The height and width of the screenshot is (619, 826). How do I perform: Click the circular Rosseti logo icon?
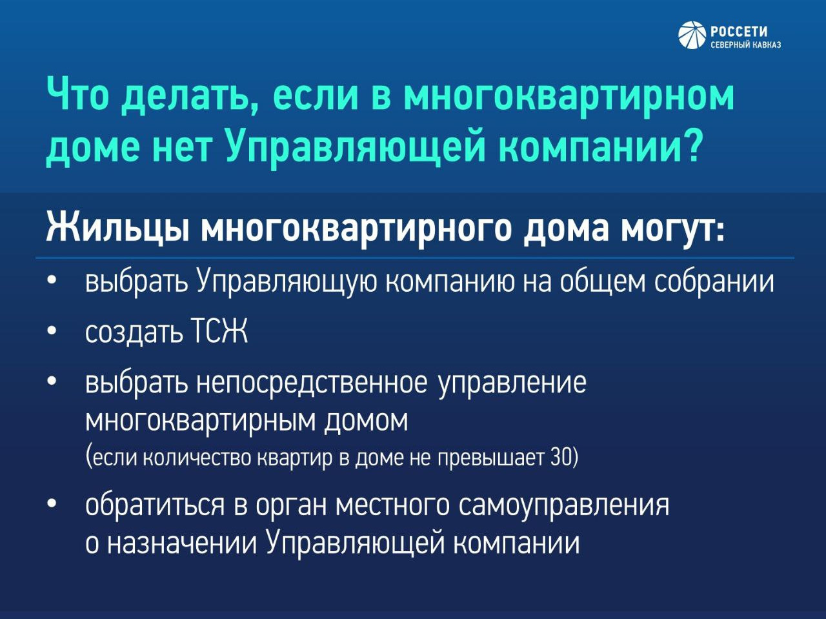pos(692,36)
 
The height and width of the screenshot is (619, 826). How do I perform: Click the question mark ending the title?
pos(692,147)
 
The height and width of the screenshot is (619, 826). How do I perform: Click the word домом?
pos(366,421)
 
